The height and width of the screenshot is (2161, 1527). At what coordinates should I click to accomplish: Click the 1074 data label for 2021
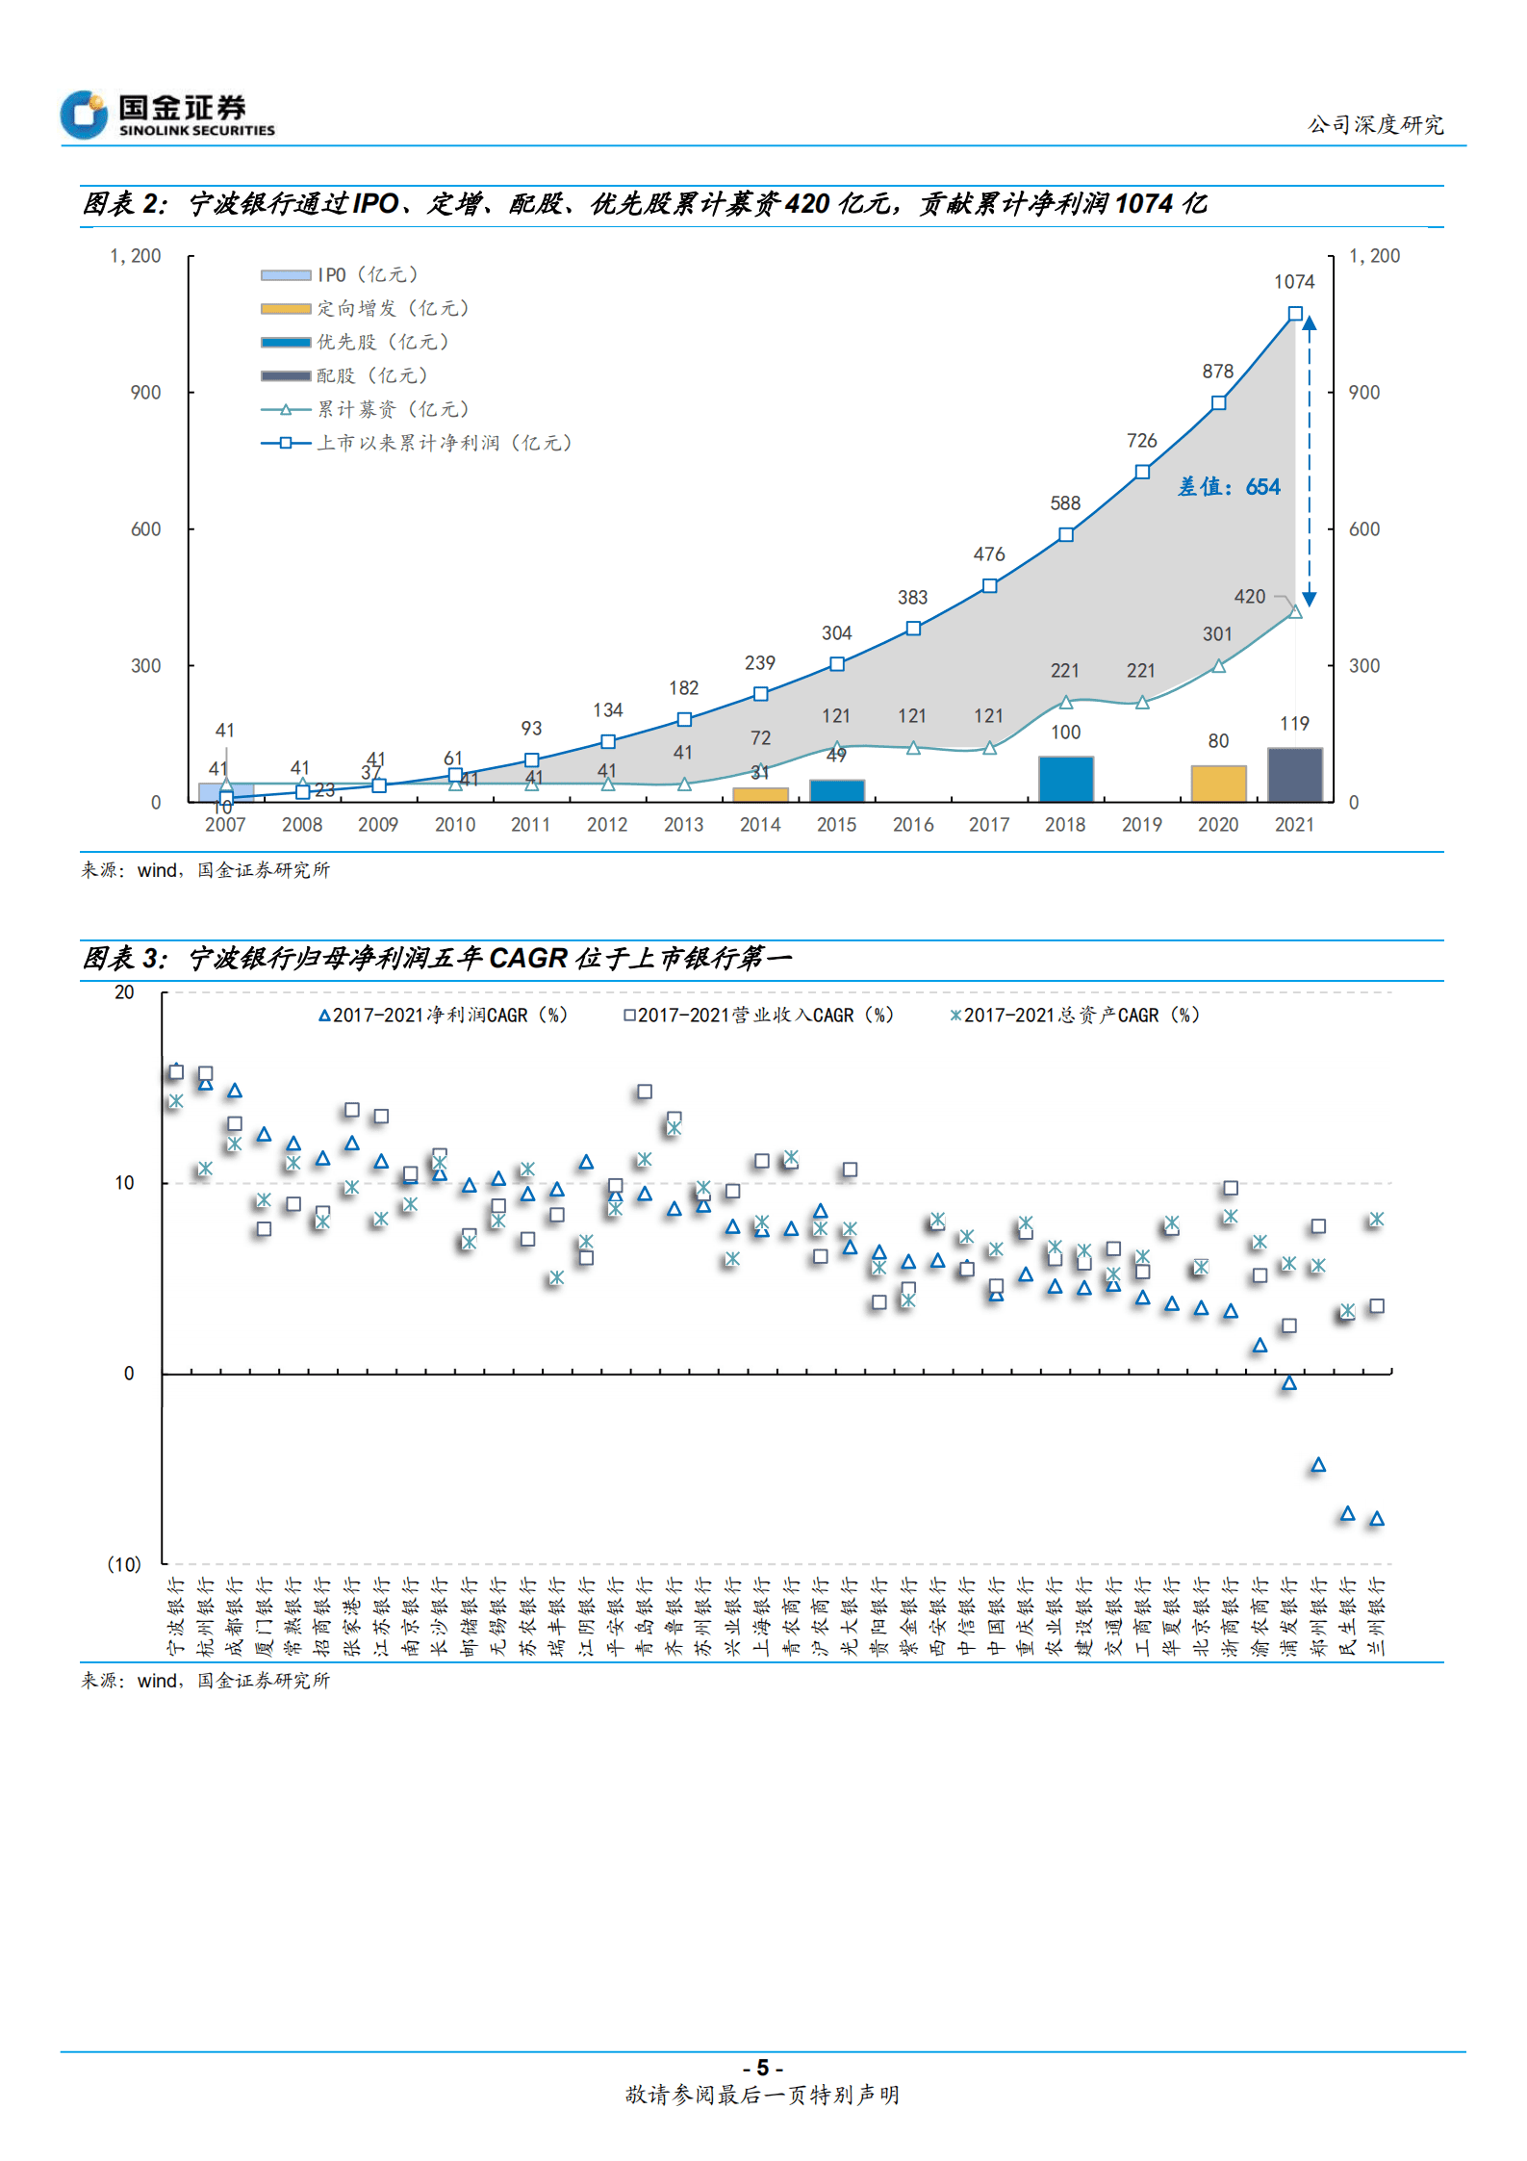point(1293,282)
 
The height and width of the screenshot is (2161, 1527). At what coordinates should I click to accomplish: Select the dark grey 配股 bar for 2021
point(1294,774)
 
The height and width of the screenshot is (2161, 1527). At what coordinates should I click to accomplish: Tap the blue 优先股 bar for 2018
point(1065,779)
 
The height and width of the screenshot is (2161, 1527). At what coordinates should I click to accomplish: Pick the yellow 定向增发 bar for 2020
point(1218,784)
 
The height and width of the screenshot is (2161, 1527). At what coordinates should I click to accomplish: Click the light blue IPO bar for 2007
point(225,791)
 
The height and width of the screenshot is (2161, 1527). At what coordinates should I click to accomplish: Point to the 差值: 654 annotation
point(1229,487)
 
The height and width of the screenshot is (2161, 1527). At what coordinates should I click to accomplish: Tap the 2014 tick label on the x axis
point(760,825)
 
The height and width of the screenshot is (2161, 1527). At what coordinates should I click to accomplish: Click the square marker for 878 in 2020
point(1218,403)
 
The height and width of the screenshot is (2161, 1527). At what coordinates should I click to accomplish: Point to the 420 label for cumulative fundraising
point(1249,597)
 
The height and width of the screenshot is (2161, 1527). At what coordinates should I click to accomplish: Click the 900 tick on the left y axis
point(146,393)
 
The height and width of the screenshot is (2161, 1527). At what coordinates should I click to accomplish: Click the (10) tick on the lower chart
point(124,1564)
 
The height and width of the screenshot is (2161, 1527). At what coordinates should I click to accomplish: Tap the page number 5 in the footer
point(763,2068)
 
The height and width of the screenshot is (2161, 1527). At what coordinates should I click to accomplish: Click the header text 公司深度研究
point(1375,125)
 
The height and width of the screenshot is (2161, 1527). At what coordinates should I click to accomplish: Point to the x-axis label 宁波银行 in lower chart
point(176,1616)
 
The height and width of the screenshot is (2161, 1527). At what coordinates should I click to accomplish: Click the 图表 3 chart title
point(437,959)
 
